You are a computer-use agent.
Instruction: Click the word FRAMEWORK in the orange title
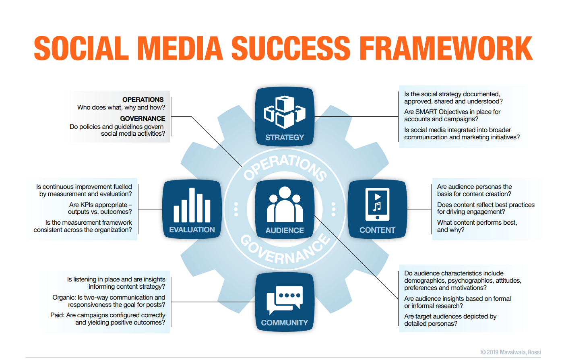point(446,48)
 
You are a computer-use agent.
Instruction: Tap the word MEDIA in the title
point(180,48)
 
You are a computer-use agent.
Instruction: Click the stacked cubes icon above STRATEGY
point(285,112)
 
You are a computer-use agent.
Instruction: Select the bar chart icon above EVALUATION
point(192,205)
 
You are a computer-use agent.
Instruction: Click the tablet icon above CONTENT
point(377,204)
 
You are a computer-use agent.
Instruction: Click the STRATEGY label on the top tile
point(285,137)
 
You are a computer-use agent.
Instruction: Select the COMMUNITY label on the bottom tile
point(285,323)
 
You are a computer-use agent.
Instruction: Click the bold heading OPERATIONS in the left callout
point(143,99)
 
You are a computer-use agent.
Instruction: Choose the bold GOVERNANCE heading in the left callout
point(143,118)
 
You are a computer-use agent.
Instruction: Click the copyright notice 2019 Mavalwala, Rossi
point(511,352)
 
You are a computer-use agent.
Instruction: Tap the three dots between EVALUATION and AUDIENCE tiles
point(236,209)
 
